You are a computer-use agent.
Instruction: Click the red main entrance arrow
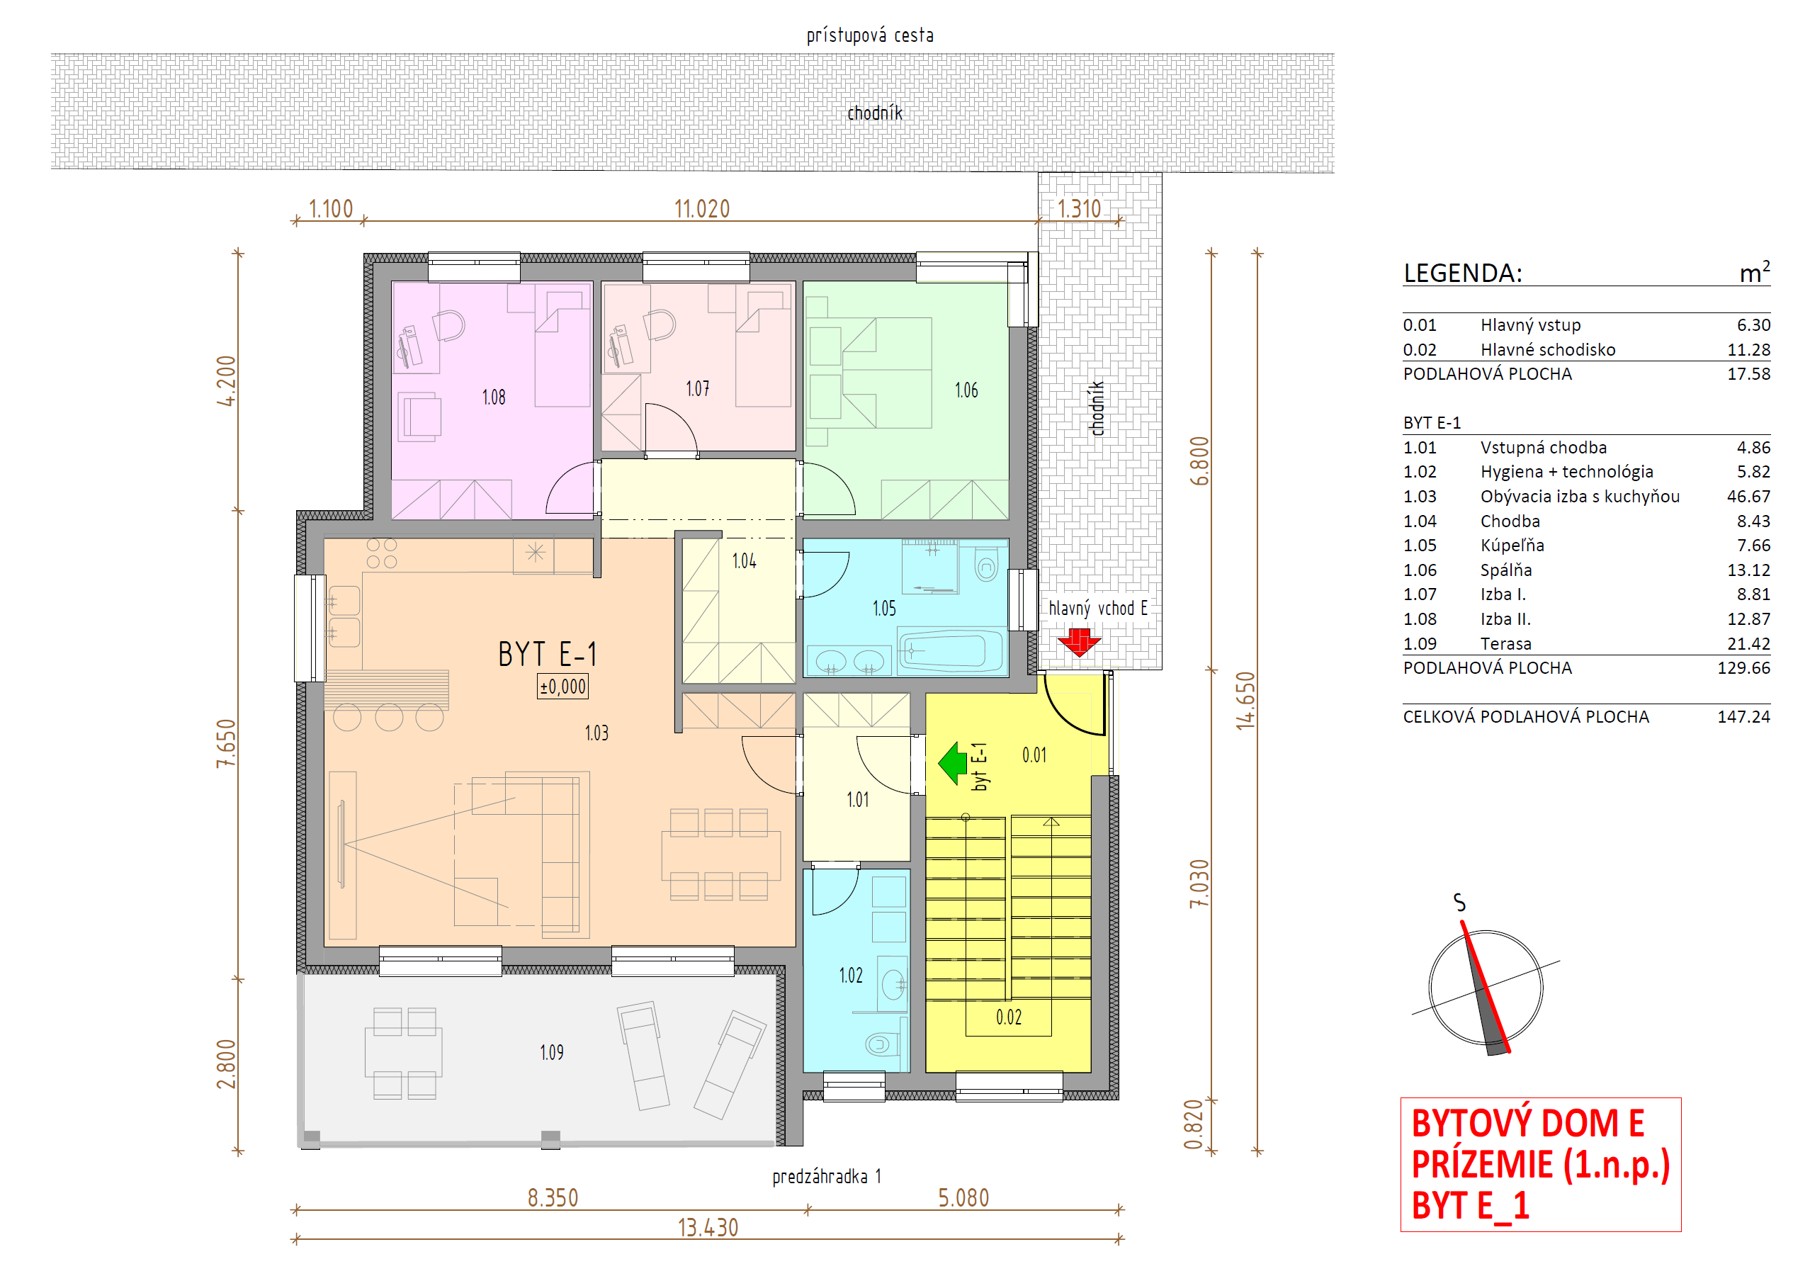(x=1078, y=642)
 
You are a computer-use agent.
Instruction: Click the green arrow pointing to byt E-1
(x=953, y=762)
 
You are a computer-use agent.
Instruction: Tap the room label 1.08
(x=494, y=397)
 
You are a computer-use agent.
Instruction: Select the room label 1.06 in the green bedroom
(x=966, y=390)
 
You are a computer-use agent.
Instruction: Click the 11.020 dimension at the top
(x=701, y=208)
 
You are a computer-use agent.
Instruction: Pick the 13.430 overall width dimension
(x=708, y=1227)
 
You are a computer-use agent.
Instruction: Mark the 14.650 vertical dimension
(x=1245, y=700)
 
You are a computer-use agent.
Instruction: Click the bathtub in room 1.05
(x=951, y=651)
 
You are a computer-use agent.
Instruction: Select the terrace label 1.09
(x=552, y=1052)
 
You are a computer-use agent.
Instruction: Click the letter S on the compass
(x=1459, y=902)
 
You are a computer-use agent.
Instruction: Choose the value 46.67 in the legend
(x=1748, y=496)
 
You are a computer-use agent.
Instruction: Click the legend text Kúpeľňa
(x=1512, y=545)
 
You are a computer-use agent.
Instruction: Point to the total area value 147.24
(x=1744, y=716)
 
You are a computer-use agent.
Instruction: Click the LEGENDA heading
(x=1462, y=273)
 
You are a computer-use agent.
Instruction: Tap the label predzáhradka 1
(x=826, y=1177)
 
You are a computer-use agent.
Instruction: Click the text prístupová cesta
(x=869, y=35)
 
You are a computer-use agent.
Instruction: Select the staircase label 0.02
(x=1008, y=1017)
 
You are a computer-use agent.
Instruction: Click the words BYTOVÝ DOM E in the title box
(x=1527, y=1123)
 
